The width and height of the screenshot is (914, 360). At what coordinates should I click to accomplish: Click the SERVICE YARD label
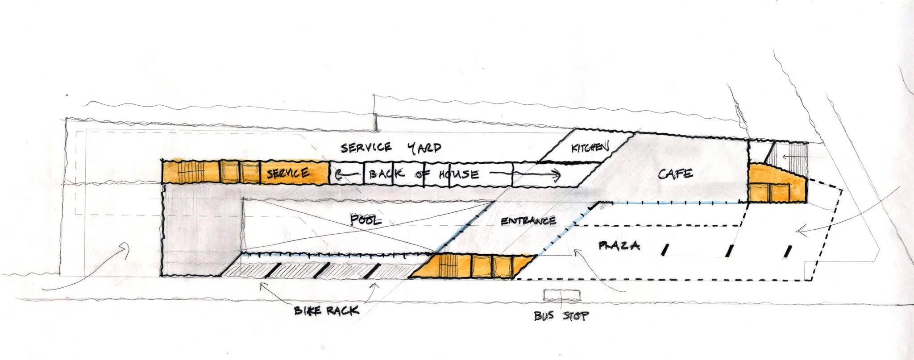point(391,148)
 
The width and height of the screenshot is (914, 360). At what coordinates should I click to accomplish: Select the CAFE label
point(675,174)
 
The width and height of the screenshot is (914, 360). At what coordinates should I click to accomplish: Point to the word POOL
point(366,219)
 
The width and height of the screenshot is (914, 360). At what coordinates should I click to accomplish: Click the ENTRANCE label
point(528,221)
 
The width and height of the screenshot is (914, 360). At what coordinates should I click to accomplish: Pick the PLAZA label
point(619,245)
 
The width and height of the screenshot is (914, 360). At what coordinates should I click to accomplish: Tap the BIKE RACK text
point(326,310)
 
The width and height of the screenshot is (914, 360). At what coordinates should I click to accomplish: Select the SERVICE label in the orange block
point(288,173)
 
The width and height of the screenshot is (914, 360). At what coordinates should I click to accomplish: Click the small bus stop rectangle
point(562,295)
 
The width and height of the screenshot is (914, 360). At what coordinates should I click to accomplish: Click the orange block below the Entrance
point(473,266)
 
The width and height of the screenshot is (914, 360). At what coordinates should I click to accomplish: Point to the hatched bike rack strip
point(312,270)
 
